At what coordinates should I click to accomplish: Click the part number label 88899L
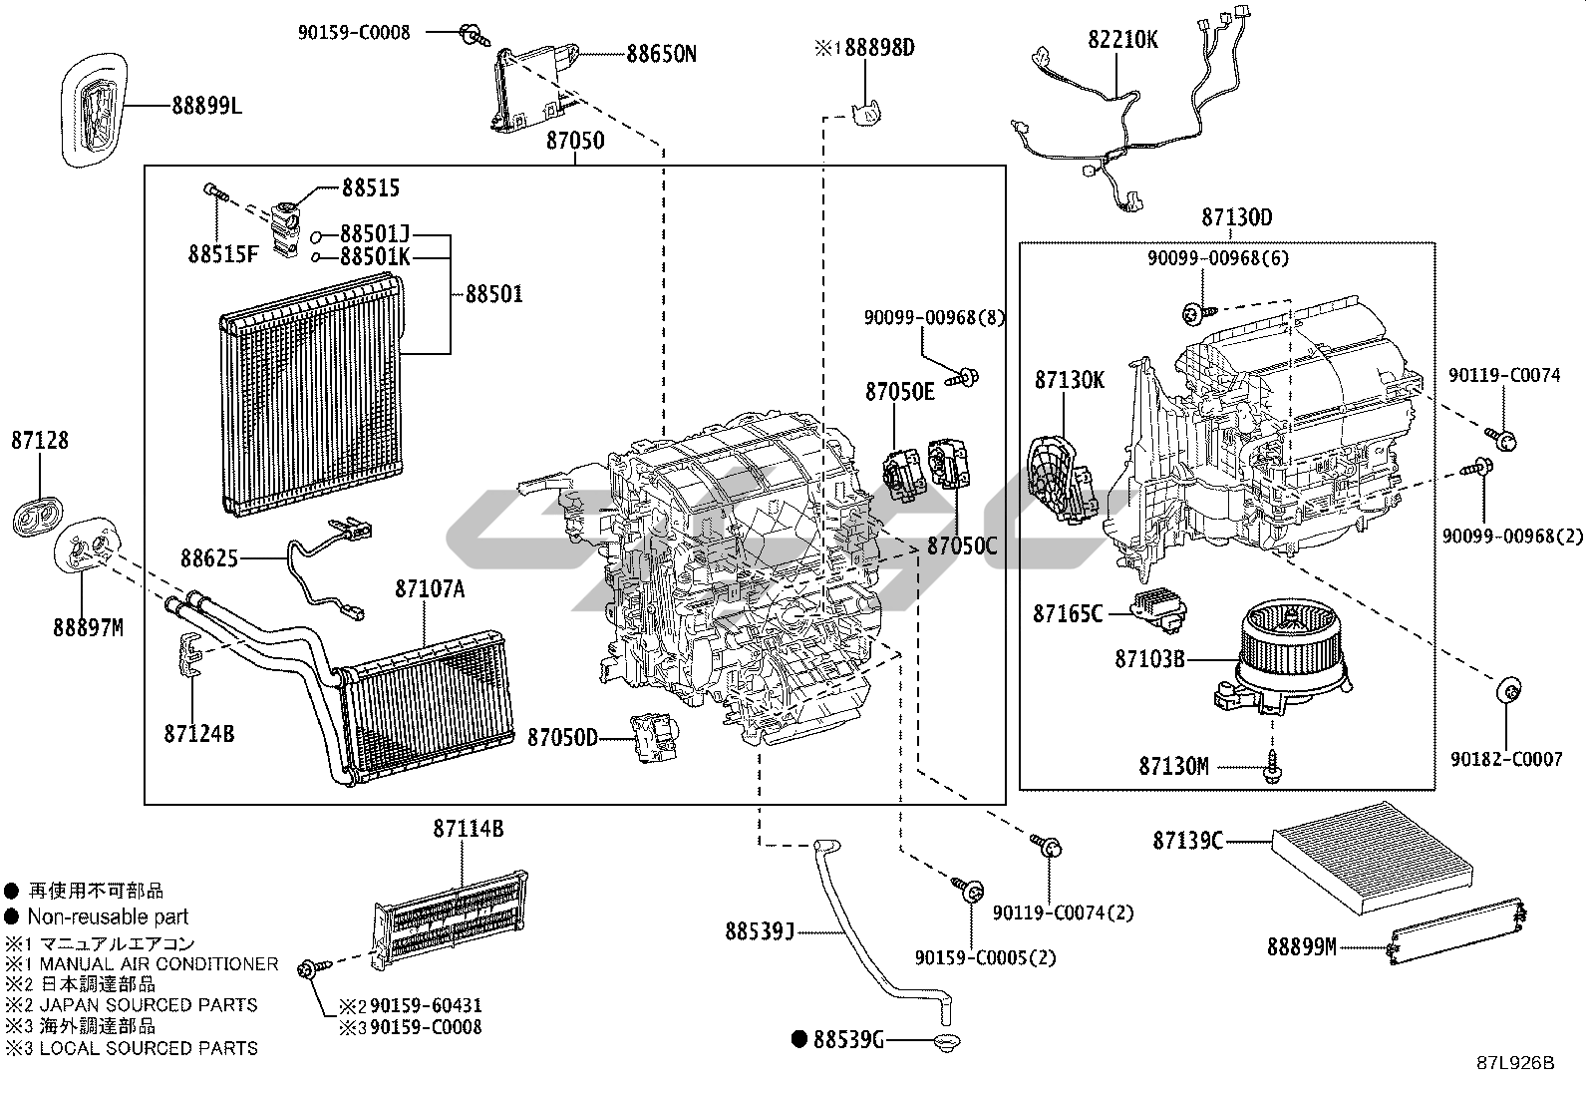pos(207,106)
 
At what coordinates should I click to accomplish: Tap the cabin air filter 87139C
pos(1373,858)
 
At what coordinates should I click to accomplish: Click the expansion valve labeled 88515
pos(285,229)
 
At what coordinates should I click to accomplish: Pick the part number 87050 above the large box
pos(575,141)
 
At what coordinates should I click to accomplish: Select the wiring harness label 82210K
pos(1122,40)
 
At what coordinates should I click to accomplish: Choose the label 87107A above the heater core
pos(430,588)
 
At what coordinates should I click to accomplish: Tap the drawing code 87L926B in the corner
pos(1515,1063)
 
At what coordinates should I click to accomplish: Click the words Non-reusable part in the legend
pos(108,916)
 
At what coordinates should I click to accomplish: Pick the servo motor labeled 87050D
pos(653,737)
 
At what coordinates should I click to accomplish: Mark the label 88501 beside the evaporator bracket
pos(493,293)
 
